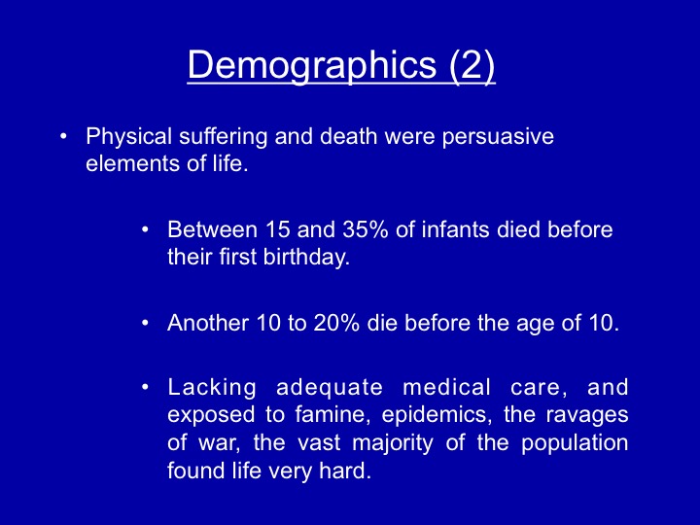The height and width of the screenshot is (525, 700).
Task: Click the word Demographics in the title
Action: [312, 65]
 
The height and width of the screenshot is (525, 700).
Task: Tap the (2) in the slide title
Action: [472, 65]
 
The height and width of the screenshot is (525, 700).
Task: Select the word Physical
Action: [128, 137]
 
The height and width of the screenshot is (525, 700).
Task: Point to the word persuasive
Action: [498, 137]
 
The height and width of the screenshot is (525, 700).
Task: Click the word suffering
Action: [224, 137]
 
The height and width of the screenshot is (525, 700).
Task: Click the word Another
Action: [208, 323]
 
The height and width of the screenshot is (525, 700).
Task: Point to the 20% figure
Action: [336, 323]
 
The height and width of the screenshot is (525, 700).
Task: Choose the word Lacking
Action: [212, 388]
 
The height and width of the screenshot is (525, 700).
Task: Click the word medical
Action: [446, 387]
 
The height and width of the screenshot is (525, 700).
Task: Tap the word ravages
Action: [587, 416]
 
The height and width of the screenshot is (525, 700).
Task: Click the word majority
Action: [393, 443]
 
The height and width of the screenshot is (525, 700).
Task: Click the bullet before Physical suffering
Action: [63, 136]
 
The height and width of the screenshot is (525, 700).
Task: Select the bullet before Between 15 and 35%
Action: [145, 229]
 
